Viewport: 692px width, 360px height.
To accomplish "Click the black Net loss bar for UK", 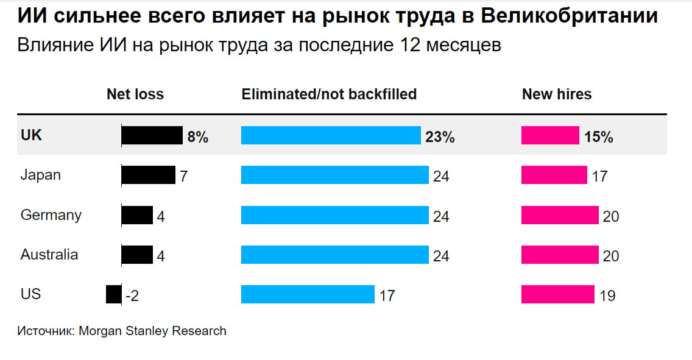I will coord(152,136).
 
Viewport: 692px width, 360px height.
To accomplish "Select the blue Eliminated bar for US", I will coord(308,294).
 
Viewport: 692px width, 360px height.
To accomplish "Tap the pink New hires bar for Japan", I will coord(554,175).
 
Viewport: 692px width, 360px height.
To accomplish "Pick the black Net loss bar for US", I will coord(113,294).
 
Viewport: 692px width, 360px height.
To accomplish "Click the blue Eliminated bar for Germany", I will coord(334,215).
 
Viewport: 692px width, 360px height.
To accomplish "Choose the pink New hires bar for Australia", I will coord(560,255).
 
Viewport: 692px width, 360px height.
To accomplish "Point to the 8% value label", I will coord(198,137).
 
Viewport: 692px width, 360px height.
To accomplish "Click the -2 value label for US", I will coord(132,296).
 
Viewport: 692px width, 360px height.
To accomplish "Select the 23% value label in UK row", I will coord(440,137).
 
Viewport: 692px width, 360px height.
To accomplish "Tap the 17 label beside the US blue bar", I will coord(387,296).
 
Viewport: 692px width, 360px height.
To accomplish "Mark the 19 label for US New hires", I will coord(607,296).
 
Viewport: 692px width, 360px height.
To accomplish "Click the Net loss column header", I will coord(135,94).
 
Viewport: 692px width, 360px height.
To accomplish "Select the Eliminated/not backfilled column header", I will coord(329,94).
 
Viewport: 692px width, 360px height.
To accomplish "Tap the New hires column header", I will coord(557,94).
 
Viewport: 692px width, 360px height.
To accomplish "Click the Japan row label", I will coord(41,175).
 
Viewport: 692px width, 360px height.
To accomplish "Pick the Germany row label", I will coord(51,215).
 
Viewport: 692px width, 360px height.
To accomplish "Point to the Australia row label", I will coord(49,254).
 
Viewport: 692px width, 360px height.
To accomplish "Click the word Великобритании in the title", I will coord(569,16).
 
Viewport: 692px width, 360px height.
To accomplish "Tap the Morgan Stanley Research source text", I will coord(152,331).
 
